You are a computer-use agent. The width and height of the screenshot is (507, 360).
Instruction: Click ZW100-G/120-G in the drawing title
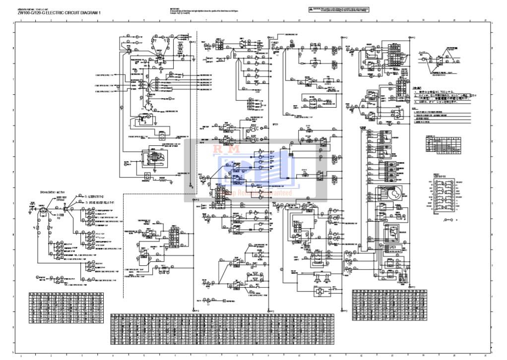pyautogui.click(x=31, y=13)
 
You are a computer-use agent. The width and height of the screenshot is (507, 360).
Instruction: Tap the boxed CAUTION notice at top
pyautogui.click(x=339, y=9)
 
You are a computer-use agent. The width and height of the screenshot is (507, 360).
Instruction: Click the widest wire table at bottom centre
pyautogui.click(x=222, y=329)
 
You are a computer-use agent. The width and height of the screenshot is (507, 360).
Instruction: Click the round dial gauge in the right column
pyautogui.click(x=388, y=193)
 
